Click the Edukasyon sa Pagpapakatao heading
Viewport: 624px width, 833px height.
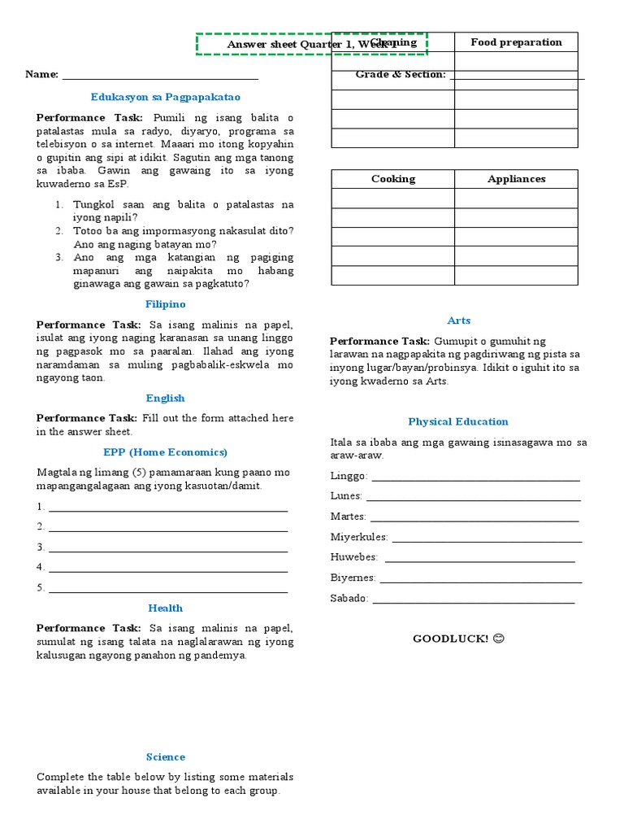[166, 97]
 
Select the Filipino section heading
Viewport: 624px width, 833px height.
[166, 304]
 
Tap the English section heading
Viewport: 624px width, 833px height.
[166, 399]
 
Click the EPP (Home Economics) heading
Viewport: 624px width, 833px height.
[166, 452]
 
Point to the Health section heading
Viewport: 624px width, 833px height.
[166, 608]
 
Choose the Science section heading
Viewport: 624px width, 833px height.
[166, 757]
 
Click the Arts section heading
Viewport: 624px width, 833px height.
[458, 321]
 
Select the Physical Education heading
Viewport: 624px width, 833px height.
[458, 422]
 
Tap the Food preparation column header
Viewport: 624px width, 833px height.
[516, 42]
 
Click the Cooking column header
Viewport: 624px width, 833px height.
[392, 179]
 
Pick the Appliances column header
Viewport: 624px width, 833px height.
[516, 179]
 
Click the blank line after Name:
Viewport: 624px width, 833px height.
[160, 76]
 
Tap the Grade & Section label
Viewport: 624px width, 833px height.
[401, 75]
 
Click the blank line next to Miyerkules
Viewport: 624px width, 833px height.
[487, 539]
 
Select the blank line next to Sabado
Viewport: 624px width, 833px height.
[473, 600]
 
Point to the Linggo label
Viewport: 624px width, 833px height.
[349, 477]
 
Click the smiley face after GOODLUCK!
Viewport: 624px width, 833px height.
[499, 639]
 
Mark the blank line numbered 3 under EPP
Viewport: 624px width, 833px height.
[168, 549]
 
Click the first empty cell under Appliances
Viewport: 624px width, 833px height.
[516, 198]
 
